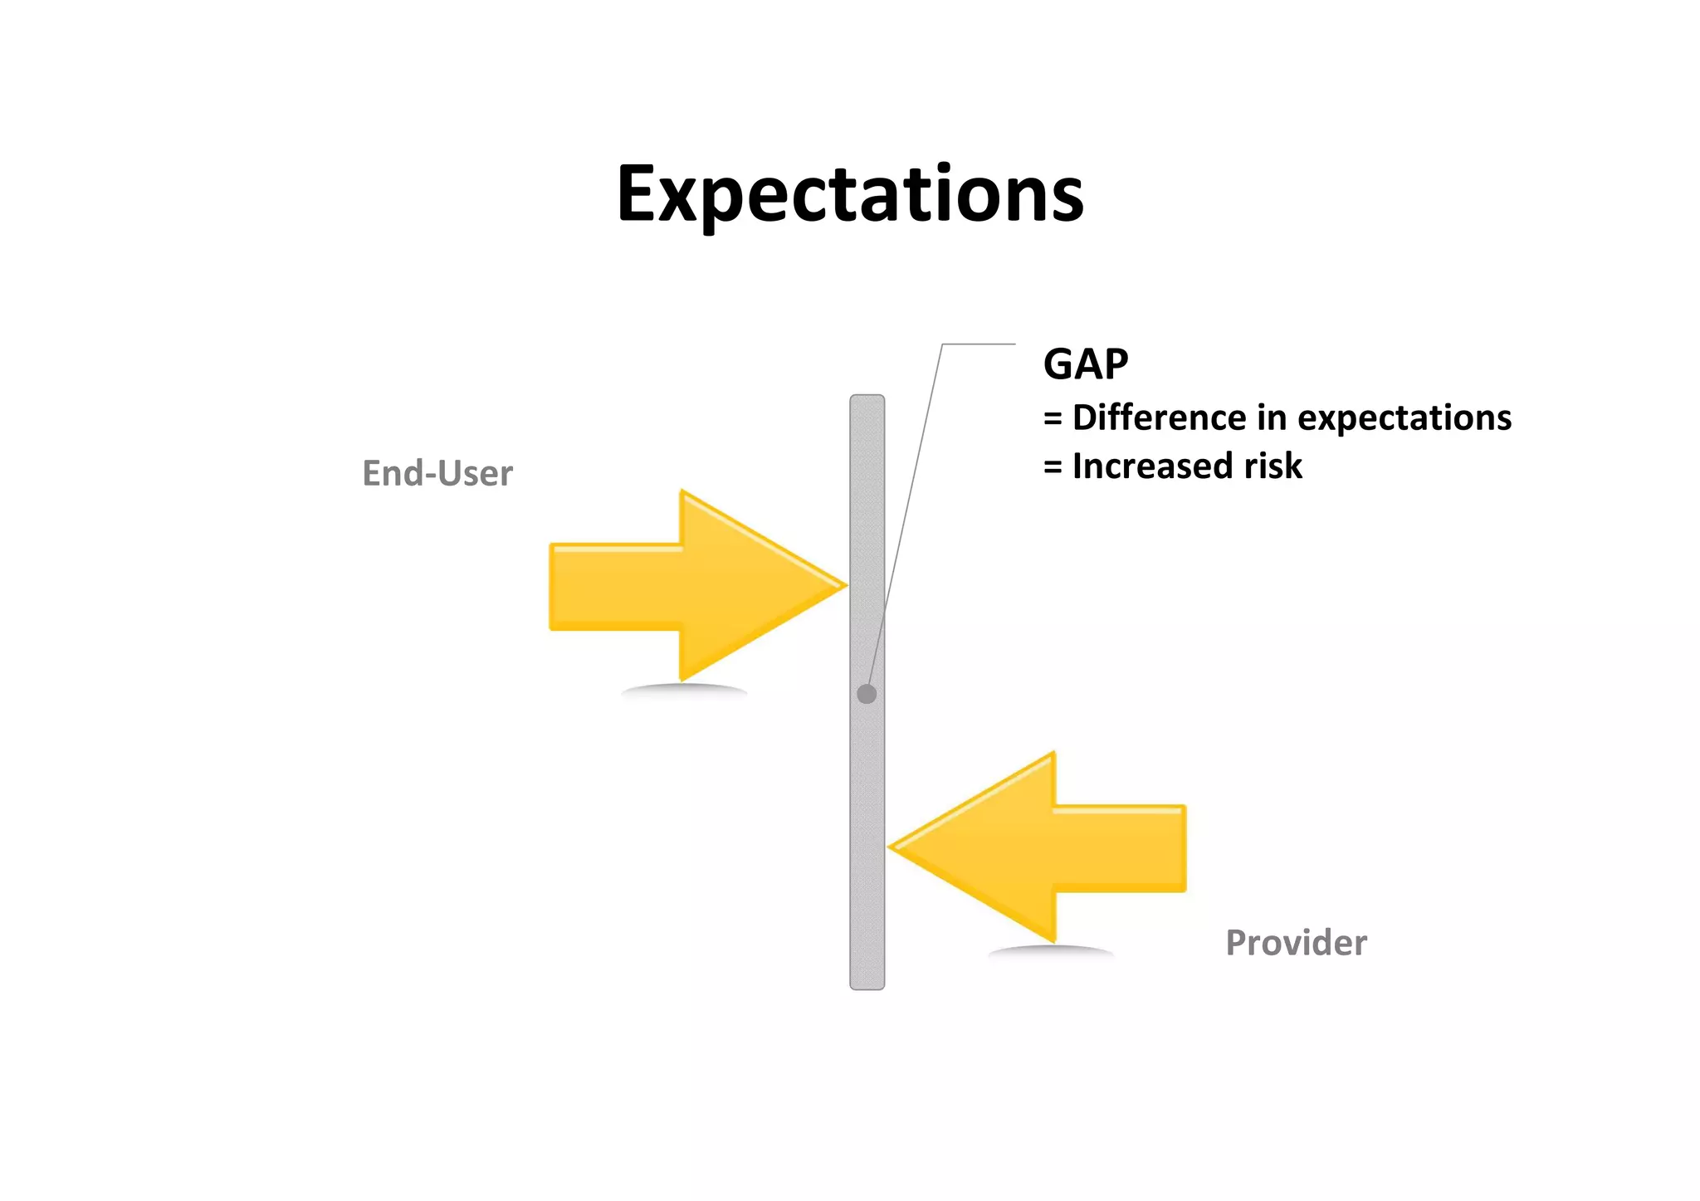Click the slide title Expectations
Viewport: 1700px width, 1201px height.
[850, 194]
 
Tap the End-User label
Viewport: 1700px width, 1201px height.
[437, 474]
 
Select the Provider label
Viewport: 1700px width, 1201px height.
[1296, 943]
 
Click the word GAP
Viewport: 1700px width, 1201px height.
[1086, 364]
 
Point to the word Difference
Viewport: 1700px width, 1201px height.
[1160, 417]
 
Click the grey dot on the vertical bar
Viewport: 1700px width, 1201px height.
[867, 694]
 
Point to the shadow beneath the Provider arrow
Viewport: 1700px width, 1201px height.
[1050, 951]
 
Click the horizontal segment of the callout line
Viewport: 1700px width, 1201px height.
[979, 344]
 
